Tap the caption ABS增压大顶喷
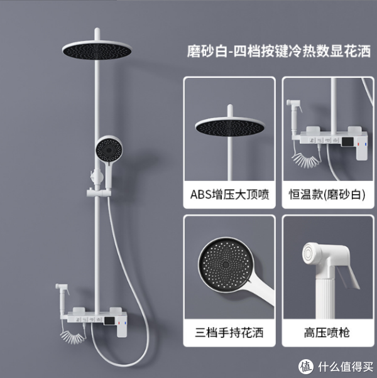pos(229,194)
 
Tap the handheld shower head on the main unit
pos(106,150)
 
